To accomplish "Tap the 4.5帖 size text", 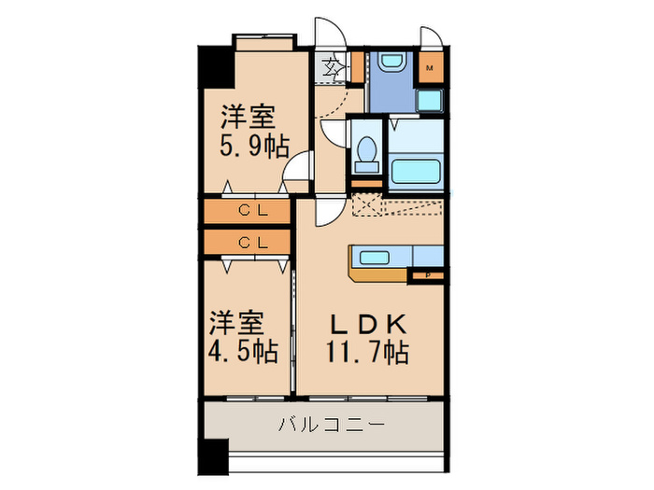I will point(242,353).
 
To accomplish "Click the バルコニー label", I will point(331,426).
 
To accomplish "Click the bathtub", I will point(416,173).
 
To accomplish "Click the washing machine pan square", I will point(430,99).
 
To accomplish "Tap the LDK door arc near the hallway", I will point(328,213).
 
